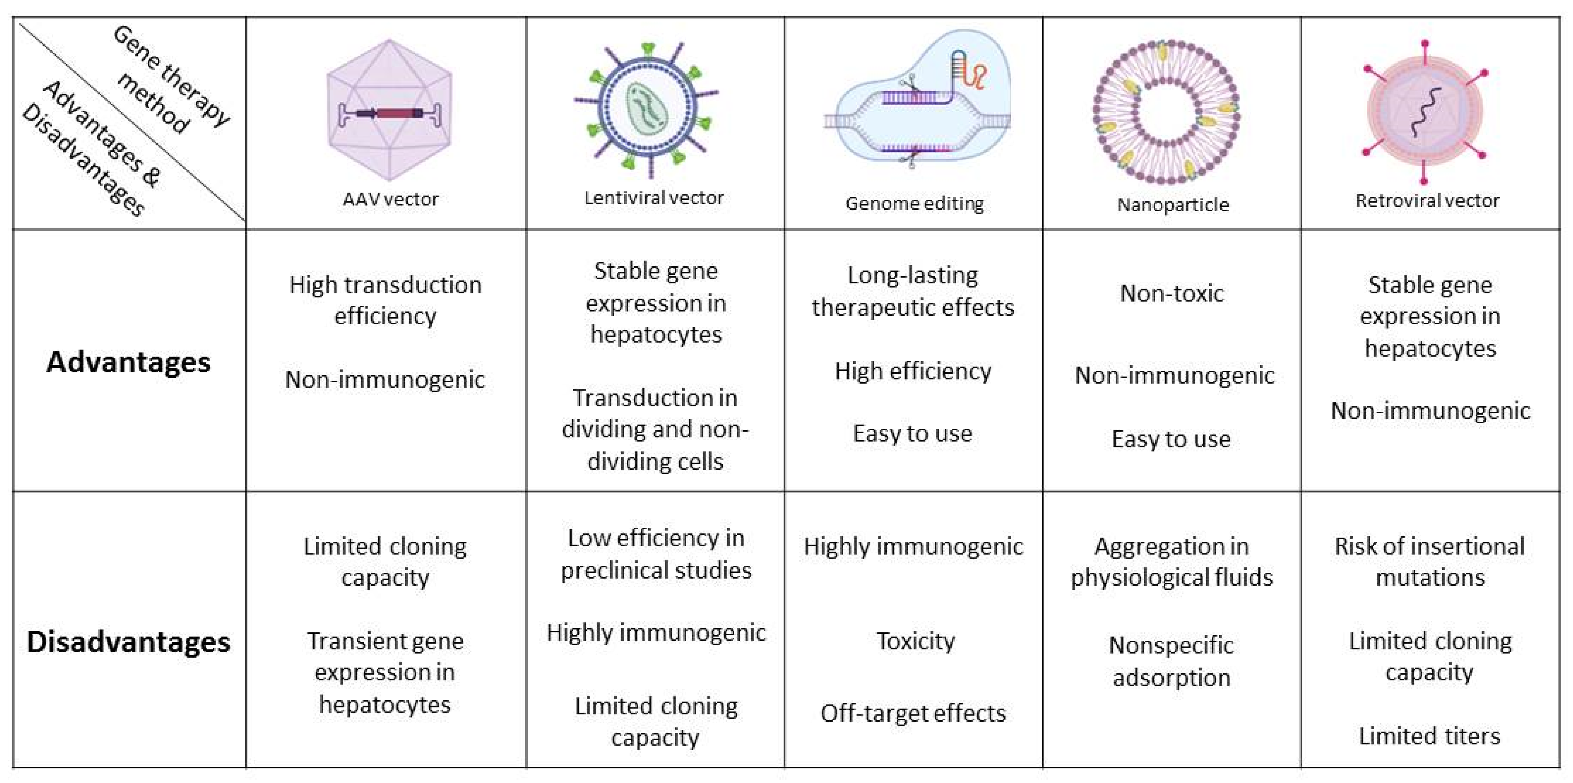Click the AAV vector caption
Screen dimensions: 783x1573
390,199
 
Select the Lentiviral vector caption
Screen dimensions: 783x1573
654,198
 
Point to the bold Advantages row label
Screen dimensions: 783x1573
128,362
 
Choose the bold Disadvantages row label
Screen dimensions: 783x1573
128,642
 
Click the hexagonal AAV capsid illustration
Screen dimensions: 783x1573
389,110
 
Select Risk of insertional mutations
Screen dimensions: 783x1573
1430,561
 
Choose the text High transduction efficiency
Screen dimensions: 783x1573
385,300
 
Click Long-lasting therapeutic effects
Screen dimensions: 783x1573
913,291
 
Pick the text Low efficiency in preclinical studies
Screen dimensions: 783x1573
656,554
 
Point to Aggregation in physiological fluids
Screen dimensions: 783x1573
1171,561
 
